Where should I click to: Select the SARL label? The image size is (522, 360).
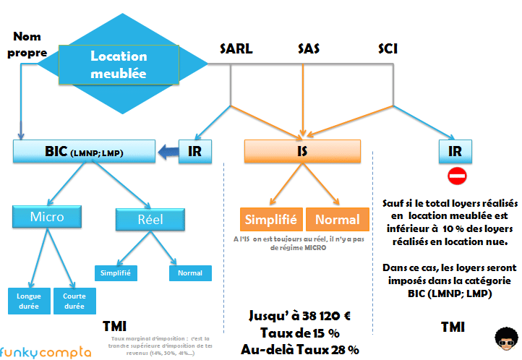(235, 49)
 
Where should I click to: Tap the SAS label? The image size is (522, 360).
(309, 49)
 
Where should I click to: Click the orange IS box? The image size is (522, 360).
(302, 151)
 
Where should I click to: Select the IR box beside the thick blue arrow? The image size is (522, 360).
(195, 151)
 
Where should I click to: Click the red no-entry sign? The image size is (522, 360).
(458, 176)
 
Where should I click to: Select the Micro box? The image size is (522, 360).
(47, 217)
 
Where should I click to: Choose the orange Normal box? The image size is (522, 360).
(337, 220)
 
